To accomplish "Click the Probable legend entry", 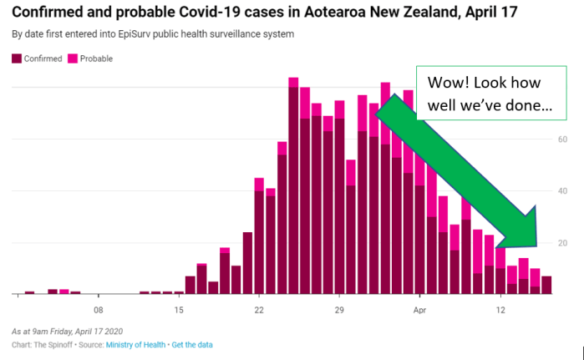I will (x=94, y=58).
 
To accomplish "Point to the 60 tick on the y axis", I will (x=564, y=139).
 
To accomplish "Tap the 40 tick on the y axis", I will (x=564, y=190).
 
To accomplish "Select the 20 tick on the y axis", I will (x=564, y=242).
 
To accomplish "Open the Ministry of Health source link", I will (x=135, y=345).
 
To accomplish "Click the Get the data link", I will (x=196, y=345).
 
